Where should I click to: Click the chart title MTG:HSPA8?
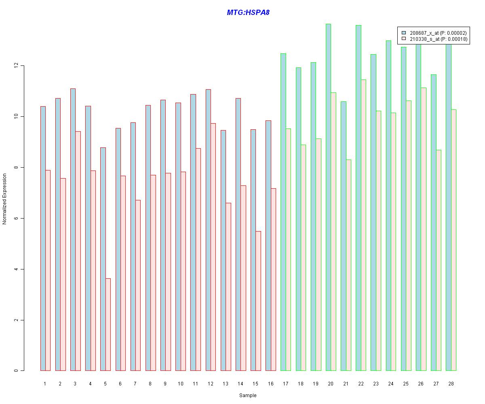point(248,13)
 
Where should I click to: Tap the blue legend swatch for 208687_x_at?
point(404,33)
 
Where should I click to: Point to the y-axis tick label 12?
point(16,65)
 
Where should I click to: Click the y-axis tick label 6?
point(16,218)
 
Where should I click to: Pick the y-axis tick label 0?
point(16,370)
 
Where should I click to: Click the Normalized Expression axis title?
point(4,199)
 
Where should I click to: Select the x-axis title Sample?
point(248,396)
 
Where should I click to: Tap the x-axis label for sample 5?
point(105,383)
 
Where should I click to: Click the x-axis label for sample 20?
point(331,383)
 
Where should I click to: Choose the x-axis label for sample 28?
point(451,383)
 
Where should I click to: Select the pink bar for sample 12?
point(213,247)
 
